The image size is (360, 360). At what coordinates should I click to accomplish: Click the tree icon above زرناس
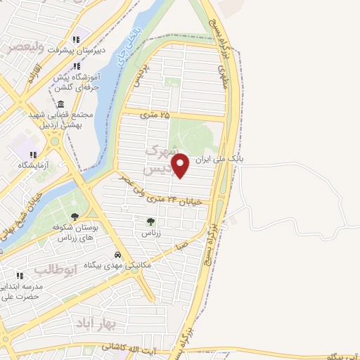[150, 221]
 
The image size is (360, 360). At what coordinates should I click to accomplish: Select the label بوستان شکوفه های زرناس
[82, 233]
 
